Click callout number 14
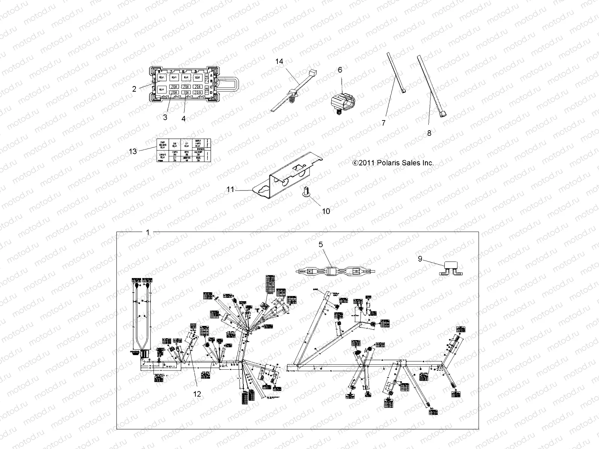click(x=280, y=61)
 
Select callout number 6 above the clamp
click(x=340, y=70)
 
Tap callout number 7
click(x=383, y=123)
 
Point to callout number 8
click(x=429, y=133)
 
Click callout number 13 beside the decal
click(x=133, y=151)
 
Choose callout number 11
click(x=230, y=190)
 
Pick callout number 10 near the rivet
click(x=326, y=211)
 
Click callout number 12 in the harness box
click(x=197, y=394)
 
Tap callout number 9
click(x=420, y=259)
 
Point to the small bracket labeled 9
click(x=456, y=268)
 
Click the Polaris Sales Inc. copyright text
click(x=393, y=163)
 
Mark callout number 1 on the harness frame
click(x=148, y=232)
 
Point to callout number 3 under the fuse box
click(x=165, y=117)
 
